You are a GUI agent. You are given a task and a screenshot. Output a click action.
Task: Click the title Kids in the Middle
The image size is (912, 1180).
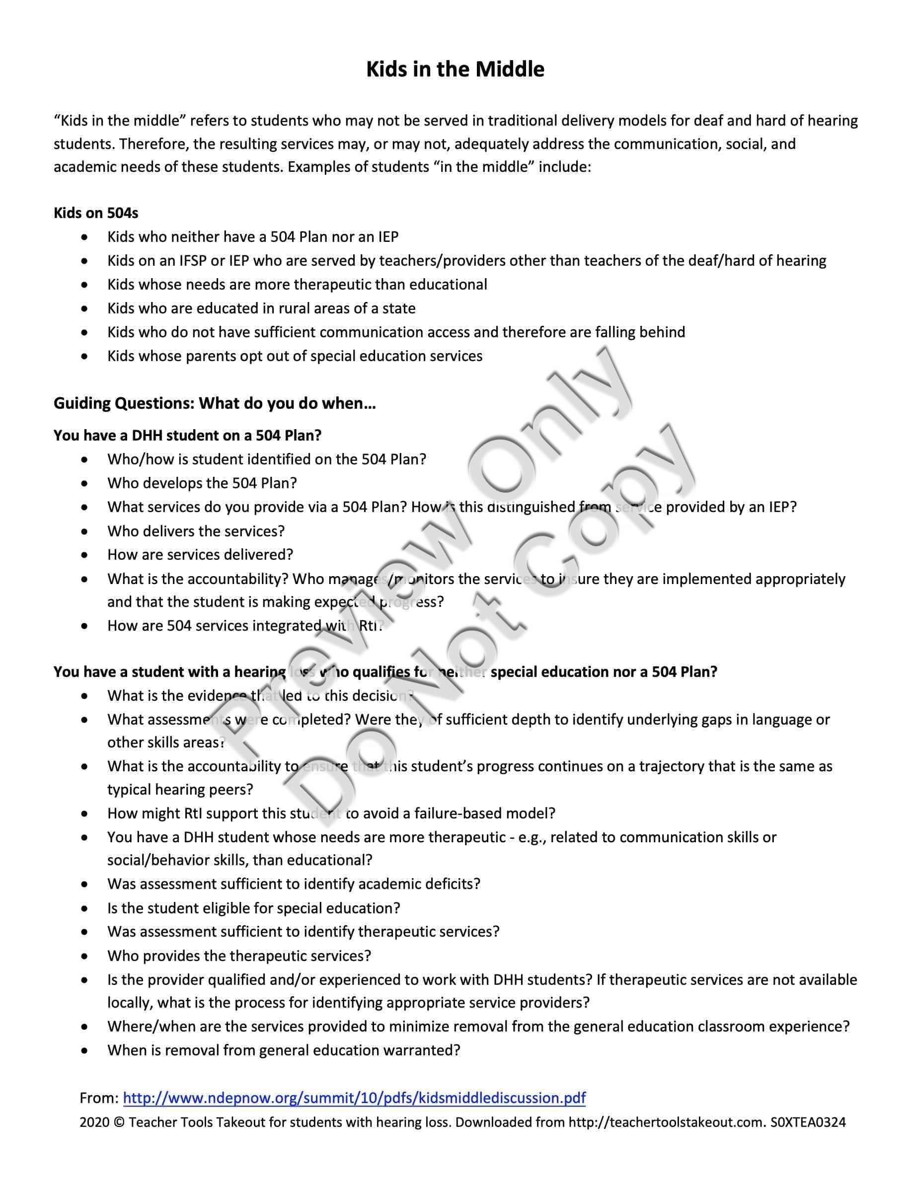tap(455, 70)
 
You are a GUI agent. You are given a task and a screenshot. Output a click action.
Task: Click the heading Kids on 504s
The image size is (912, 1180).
tap(96, 213)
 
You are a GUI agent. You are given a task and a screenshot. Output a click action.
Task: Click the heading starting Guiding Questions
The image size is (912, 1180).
tap(215, 403)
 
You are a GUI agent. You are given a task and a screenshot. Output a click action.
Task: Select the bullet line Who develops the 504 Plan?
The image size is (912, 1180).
tap(202, 483)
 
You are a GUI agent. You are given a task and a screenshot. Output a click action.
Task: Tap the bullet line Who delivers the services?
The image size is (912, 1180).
tap(196, 531)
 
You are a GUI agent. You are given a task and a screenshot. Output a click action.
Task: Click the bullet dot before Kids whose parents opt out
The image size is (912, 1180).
tap(84, 356)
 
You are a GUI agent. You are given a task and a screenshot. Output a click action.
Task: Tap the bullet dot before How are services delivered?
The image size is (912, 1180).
tap(84, 555)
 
